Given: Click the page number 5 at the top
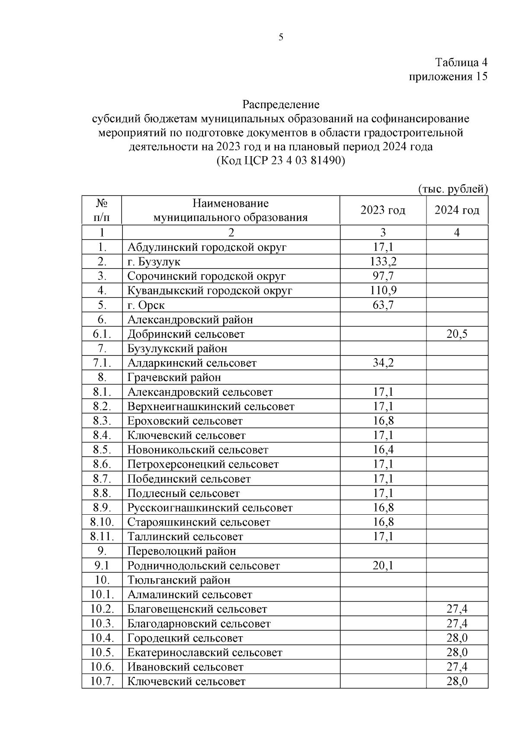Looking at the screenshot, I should (x=281, y=38).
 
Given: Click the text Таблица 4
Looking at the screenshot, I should (x=461, y=62).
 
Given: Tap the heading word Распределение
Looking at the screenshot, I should (x=281, y=104).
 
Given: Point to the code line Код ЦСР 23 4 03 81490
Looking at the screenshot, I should (x=281, y=161).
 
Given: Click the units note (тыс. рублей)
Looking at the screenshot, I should (x=452, y=189).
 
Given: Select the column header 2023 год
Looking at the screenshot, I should (x=383, y=210).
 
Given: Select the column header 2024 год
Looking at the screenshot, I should (x=457, y=210).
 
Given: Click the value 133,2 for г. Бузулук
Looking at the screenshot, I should (x=383, y=262).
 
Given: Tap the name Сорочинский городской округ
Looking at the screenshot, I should (x=206, y=276).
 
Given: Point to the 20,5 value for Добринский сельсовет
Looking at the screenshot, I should (x=457, y=334).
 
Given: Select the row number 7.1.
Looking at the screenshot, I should (x=102, y=363).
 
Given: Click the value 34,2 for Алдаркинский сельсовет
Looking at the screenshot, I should (x=383, y=363).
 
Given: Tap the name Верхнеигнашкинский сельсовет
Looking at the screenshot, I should (x=211, y=407).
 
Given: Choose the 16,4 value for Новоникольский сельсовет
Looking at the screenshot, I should (x=383, y=450).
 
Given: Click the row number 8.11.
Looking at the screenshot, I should (x=102, y=537).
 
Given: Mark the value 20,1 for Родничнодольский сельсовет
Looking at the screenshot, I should (x=383, y=566).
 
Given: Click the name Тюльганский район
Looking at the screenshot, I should (x=179, y=580).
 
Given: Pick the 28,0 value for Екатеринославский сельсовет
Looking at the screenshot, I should (x=457, y=653).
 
